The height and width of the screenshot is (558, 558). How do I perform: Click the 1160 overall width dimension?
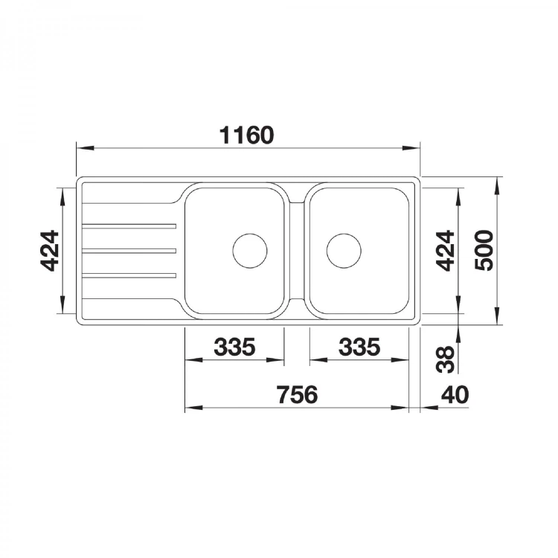[x=246, y=135]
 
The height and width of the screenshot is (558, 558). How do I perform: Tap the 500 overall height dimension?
[x=484, y=251]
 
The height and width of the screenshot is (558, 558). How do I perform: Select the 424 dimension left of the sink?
[x=49, y=251]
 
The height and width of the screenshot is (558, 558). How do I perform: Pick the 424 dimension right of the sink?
[x=445, y=251]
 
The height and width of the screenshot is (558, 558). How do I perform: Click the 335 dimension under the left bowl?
[x=234, y=347]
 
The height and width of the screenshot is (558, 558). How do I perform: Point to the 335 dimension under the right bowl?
[x=359, y=347]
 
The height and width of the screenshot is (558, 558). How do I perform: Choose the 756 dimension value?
[x=298, y=394]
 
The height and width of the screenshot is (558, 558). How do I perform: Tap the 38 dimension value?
[x=446, y=359]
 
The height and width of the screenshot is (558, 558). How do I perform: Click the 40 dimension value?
[x=455, y=394]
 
